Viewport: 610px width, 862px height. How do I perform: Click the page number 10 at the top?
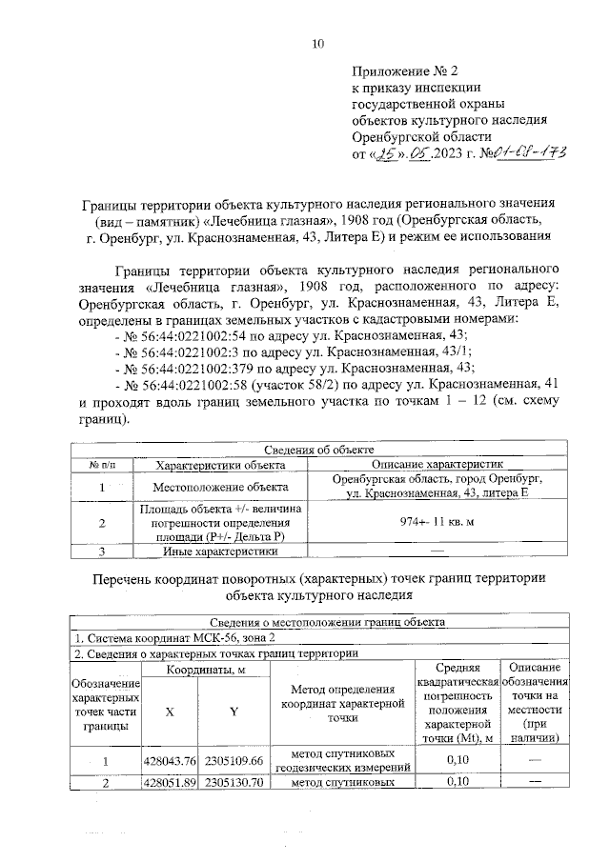(x=318, y=43)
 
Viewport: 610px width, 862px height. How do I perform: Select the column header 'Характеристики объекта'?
(x=220, y=465)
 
